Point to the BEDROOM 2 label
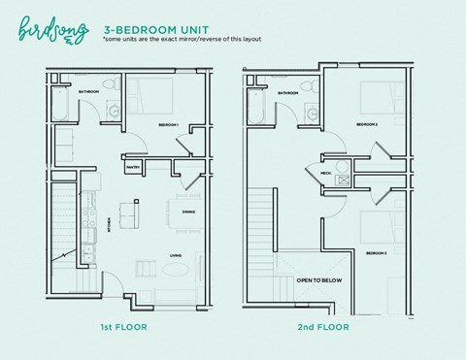coord(366,125)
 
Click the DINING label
coord(189,211)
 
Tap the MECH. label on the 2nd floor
coord(326,175)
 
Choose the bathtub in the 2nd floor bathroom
coord(257,107)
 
